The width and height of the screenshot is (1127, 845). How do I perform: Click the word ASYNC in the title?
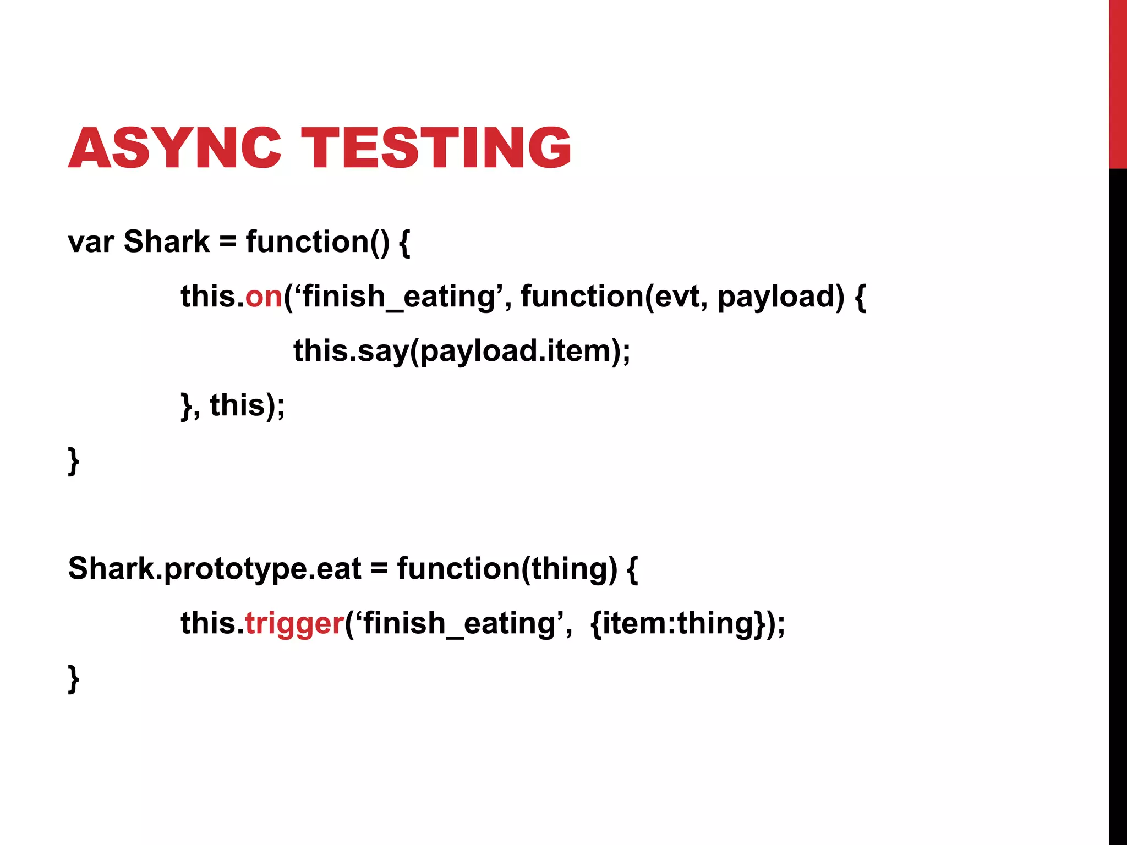pos(174,147)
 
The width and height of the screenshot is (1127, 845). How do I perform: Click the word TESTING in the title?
pos(437,147)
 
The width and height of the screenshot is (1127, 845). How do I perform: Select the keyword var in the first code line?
pos(91,242)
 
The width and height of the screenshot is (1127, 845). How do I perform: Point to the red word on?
pos(264,296)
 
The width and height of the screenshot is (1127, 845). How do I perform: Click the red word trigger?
pos(294,623)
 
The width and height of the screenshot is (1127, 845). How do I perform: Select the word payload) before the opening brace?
pos(780,297)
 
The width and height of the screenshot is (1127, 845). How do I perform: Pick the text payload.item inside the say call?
pos(515,351)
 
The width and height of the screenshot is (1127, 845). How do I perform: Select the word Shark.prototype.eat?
pos(215,569)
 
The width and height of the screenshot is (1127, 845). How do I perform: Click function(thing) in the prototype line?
pos(507,569)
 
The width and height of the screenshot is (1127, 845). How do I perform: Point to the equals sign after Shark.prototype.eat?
pos(379,569)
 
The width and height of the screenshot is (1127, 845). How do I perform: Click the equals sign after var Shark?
pos(228,242)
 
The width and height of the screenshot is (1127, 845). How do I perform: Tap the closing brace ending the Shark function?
pos(74,461)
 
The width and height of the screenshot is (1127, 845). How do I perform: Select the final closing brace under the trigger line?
pos(74,679)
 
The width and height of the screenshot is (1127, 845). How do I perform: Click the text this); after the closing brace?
pos(247,406)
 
